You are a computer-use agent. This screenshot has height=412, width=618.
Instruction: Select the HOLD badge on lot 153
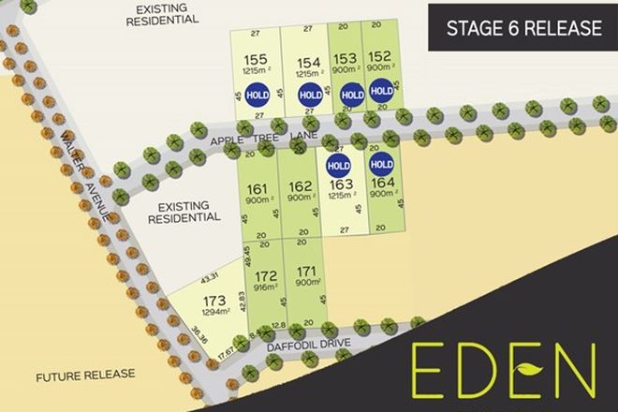(351, 94)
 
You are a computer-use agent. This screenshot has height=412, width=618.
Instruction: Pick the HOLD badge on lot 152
(381, 91)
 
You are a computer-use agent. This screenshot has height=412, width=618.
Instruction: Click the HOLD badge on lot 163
(337, 167)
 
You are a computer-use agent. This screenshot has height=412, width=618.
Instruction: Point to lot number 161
(260, 187)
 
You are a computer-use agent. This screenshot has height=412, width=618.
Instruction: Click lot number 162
(301, 185)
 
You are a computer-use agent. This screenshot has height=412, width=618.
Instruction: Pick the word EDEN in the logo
(503, 371)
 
